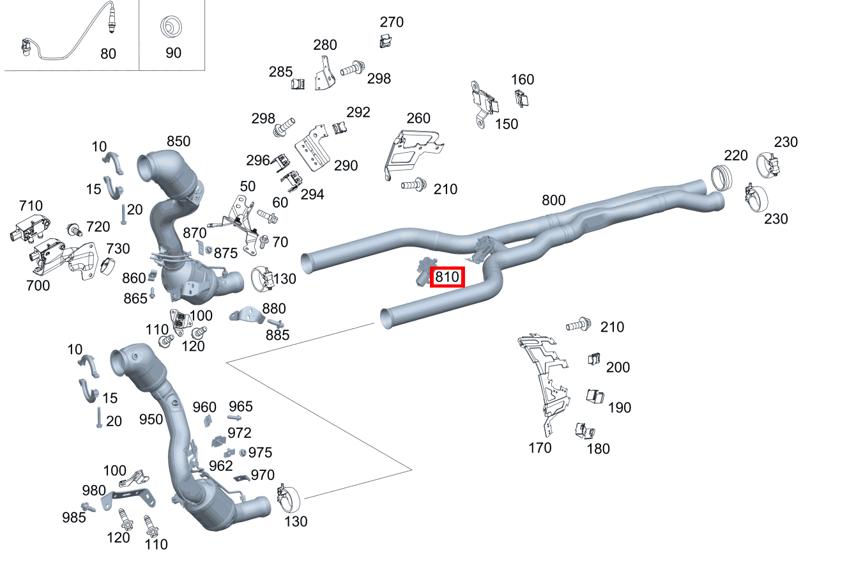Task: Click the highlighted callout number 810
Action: [447, 278]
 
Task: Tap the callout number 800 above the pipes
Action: [553, 200]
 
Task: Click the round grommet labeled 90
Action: [171, 29]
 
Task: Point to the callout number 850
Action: [179, 141]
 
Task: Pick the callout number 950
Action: [151, 419]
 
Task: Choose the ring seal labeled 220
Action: [722, 177]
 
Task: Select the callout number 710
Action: [31, 206]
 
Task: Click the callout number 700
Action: [38, 286]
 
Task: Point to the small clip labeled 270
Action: [385, 42]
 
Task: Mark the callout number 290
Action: [346, 166]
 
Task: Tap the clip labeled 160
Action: [522, 98]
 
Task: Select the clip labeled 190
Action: [595, 396]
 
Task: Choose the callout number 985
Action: [74, 517]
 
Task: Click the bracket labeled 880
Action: [247, 315]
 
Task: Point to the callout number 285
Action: [280, 72]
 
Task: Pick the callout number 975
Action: [260, 452]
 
